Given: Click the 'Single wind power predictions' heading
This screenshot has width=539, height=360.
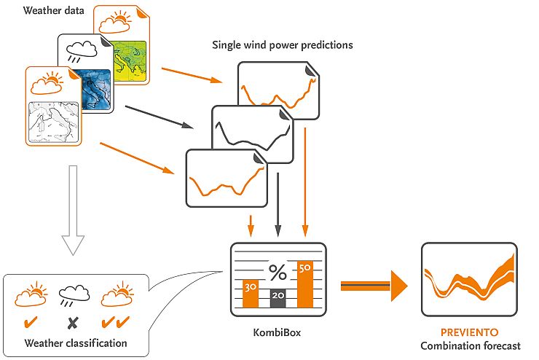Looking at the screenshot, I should click(282, 45).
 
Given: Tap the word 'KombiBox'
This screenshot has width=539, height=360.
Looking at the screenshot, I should click(278, 333).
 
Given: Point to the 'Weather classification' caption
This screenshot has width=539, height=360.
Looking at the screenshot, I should click(76, 343).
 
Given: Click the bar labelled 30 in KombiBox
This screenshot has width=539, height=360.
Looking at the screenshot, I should click(251, 293).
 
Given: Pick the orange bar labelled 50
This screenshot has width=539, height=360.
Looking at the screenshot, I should click(305, 284).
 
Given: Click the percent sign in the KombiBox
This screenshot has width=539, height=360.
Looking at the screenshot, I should click(278, 273).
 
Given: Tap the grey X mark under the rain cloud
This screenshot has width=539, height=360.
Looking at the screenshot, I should click(73, 322).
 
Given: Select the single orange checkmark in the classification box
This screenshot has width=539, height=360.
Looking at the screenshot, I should click(31, 321).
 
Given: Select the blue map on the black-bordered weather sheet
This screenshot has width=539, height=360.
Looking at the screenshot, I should click(93, 90).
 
